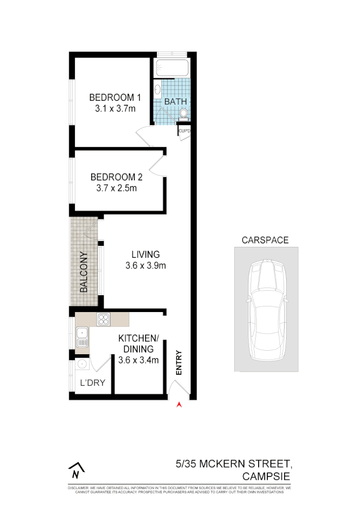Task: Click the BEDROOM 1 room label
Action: [x=115, y=97]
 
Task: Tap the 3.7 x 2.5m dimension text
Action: [x=116, y=188]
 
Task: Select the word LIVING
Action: [x=146, y=254]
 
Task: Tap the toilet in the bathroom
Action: [x=184, y=113]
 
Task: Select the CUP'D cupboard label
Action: [x=184, y=132]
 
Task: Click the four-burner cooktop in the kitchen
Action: [x=104, y=320]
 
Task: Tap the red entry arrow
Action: [x=179, y=405]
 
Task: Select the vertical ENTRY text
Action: [x=179, y=363]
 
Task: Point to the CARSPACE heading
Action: [x=265, y=240]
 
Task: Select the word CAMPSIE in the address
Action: [x=266, y=476]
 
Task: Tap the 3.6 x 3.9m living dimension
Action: [x=146, y=265]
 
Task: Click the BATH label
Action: [x=175, y=101]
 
